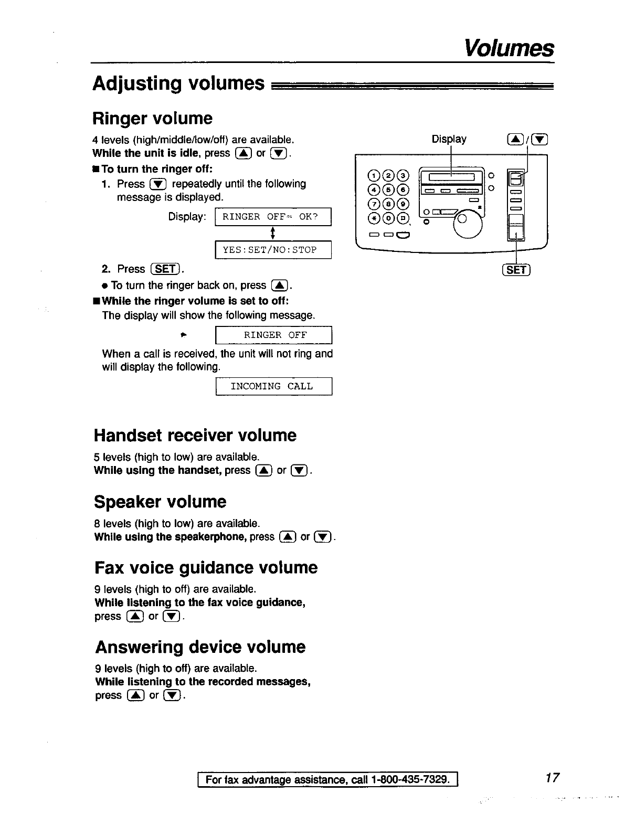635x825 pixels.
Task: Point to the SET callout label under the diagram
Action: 517,270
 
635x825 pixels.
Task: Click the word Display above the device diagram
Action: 449,139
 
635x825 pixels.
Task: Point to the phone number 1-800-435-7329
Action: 409,779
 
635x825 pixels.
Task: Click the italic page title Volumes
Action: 509,49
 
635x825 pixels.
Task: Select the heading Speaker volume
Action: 160,502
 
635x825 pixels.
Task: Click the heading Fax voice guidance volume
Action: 206,568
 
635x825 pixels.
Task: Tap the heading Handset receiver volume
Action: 195,435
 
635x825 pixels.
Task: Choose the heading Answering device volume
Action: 200,647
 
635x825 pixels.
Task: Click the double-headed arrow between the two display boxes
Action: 273,233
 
